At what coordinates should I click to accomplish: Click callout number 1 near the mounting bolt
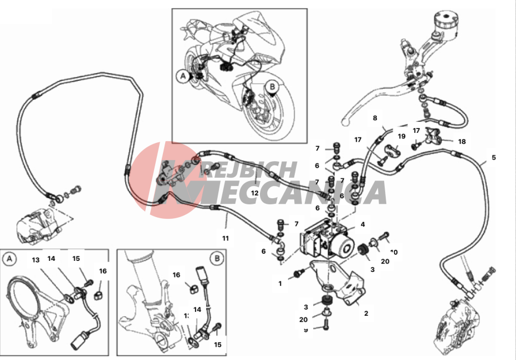280,284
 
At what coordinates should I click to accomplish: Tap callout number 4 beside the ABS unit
362,225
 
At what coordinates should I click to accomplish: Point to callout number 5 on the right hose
494,157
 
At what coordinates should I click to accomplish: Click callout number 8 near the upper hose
375,118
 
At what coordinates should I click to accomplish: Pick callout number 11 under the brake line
226,238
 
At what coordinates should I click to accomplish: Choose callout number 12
254,193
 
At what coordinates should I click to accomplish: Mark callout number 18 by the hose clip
462,141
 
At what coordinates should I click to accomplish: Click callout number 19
401,136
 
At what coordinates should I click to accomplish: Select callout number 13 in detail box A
36,259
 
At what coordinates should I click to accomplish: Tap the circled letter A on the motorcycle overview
183,76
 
